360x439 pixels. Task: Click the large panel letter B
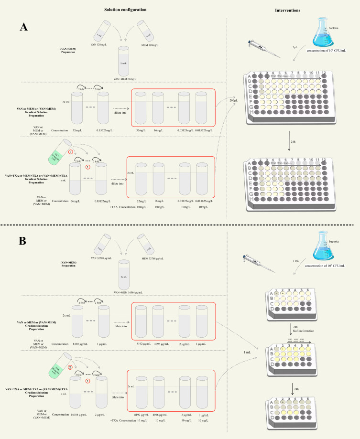[x=22, y=241]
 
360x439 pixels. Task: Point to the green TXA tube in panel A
[x=59, y=153]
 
